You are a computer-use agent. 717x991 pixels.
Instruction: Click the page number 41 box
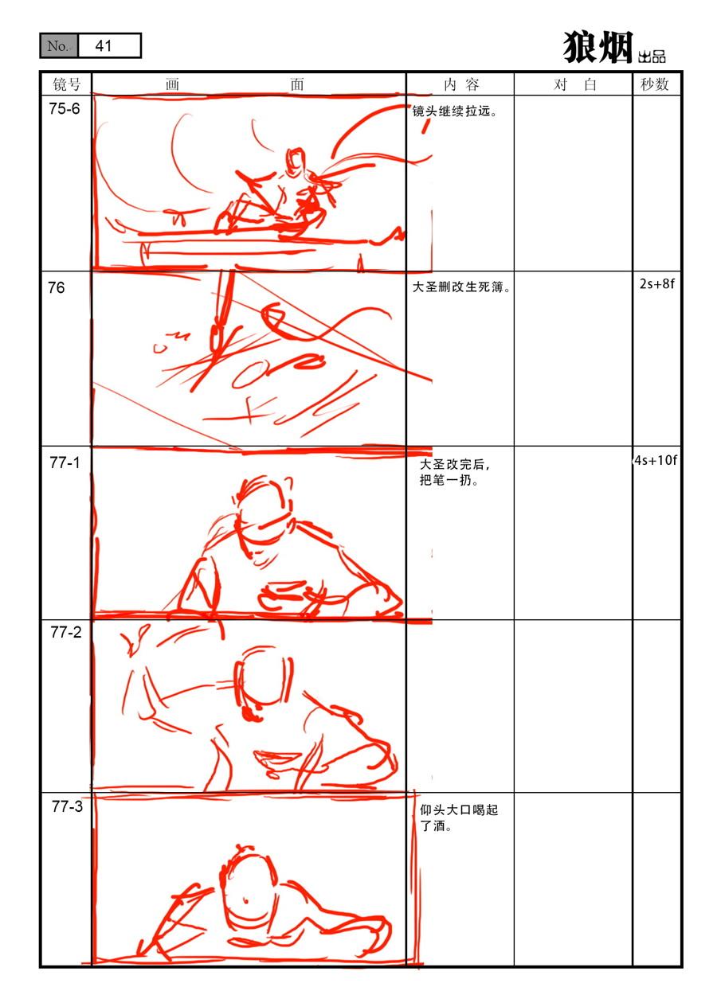(109, 45)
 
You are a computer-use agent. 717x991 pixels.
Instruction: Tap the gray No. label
(59, 45)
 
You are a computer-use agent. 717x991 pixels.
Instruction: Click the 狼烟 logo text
(597, 47)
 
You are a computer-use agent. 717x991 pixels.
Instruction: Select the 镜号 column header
(66, 84)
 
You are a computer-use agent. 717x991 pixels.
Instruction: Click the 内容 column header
(461, 84)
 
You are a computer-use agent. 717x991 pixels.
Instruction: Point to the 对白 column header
(575, 84)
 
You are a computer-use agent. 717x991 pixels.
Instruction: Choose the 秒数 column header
(654, 84)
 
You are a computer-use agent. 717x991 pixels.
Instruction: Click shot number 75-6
(65, 108)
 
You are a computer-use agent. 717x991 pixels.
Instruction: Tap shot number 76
(57, 287)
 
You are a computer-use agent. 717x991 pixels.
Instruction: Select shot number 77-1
(65, 462)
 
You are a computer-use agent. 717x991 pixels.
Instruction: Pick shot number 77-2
(66, 632)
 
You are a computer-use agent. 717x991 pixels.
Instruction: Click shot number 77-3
(67, 806)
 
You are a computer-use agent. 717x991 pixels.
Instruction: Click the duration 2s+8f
(656, 283)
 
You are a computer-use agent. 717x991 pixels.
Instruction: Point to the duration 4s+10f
(656, 460)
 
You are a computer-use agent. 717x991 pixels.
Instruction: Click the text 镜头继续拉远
(452, 111)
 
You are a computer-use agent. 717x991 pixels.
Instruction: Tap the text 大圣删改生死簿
(458, 287)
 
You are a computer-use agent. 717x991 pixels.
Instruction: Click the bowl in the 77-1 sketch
(284, 597)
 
